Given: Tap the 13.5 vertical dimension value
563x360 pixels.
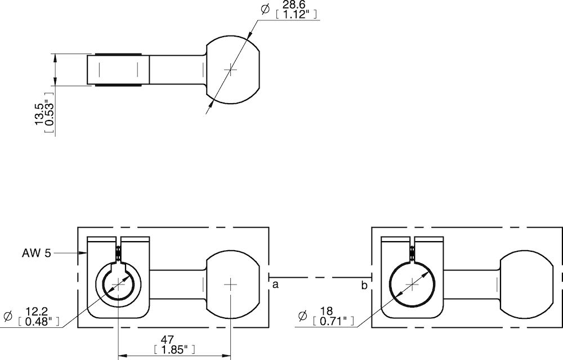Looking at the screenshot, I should pyautogui.click(x=39, y=113).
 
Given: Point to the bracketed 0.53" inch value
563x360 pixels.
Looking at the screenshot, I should pyautogui.click(x=49, y=113).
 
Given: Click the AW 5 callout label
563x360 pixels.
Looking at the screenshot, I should pyautogui.click(x=37, y=254).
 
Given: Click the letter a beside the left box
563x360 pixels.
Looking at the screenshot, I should pyautogui.click(x=275, y=286).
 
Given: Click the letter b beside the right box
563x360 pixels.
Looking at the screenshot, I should pyautogui.click(x=364, y=286).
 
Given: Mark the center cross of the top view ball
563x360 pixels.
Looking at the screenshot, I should pyautogui.click(x=231, y=69).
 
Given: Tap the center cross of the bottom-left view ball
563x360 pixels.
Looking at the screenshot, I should pyautogui.click(x=231, y=284).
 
